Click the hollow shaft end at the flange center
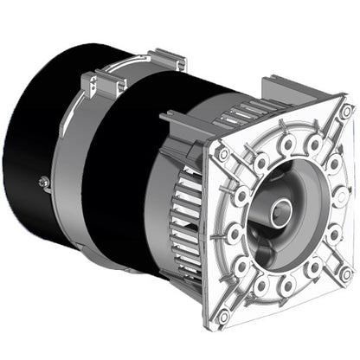[x=279, y=211]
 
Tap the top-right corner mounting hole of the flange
[x=345, y=112]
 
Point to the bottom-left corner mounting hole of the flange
[x=222, y=316]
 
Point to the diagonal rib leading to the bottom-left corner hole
[x=238, y=290]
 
